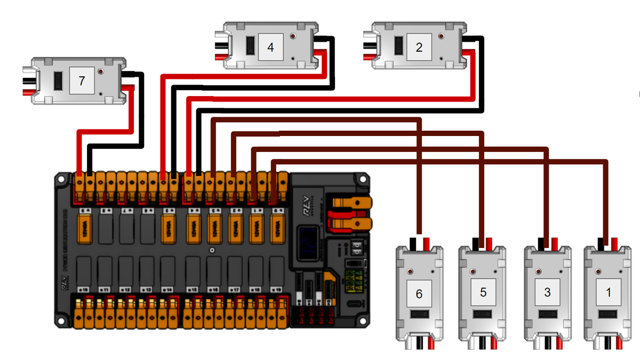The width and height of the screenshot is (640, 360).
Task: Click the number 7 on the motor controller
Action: point(81,81)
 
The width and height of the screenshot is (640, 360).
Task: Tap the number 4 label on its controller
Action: point(270,47)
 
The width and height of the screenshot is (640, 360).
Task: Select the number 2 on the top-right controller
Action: point(419,47)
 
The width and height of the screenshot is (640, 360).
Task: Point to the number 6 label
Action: point(419,293)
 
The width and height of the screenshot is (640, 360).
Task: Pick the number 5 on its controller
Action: point(483,292)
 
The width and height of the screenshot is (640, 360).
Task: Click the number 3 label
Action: point(547,292)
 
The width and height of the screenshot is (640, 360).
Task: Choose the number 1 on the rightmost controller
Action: point(609,292)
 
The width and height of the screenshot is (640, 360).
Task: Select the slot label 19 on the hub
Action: point(277,289)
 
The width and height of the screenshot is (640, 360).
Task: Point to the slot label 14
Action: point(167,289)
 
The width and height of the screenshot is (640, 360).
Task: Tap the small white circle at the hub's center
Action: point(212,250)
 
